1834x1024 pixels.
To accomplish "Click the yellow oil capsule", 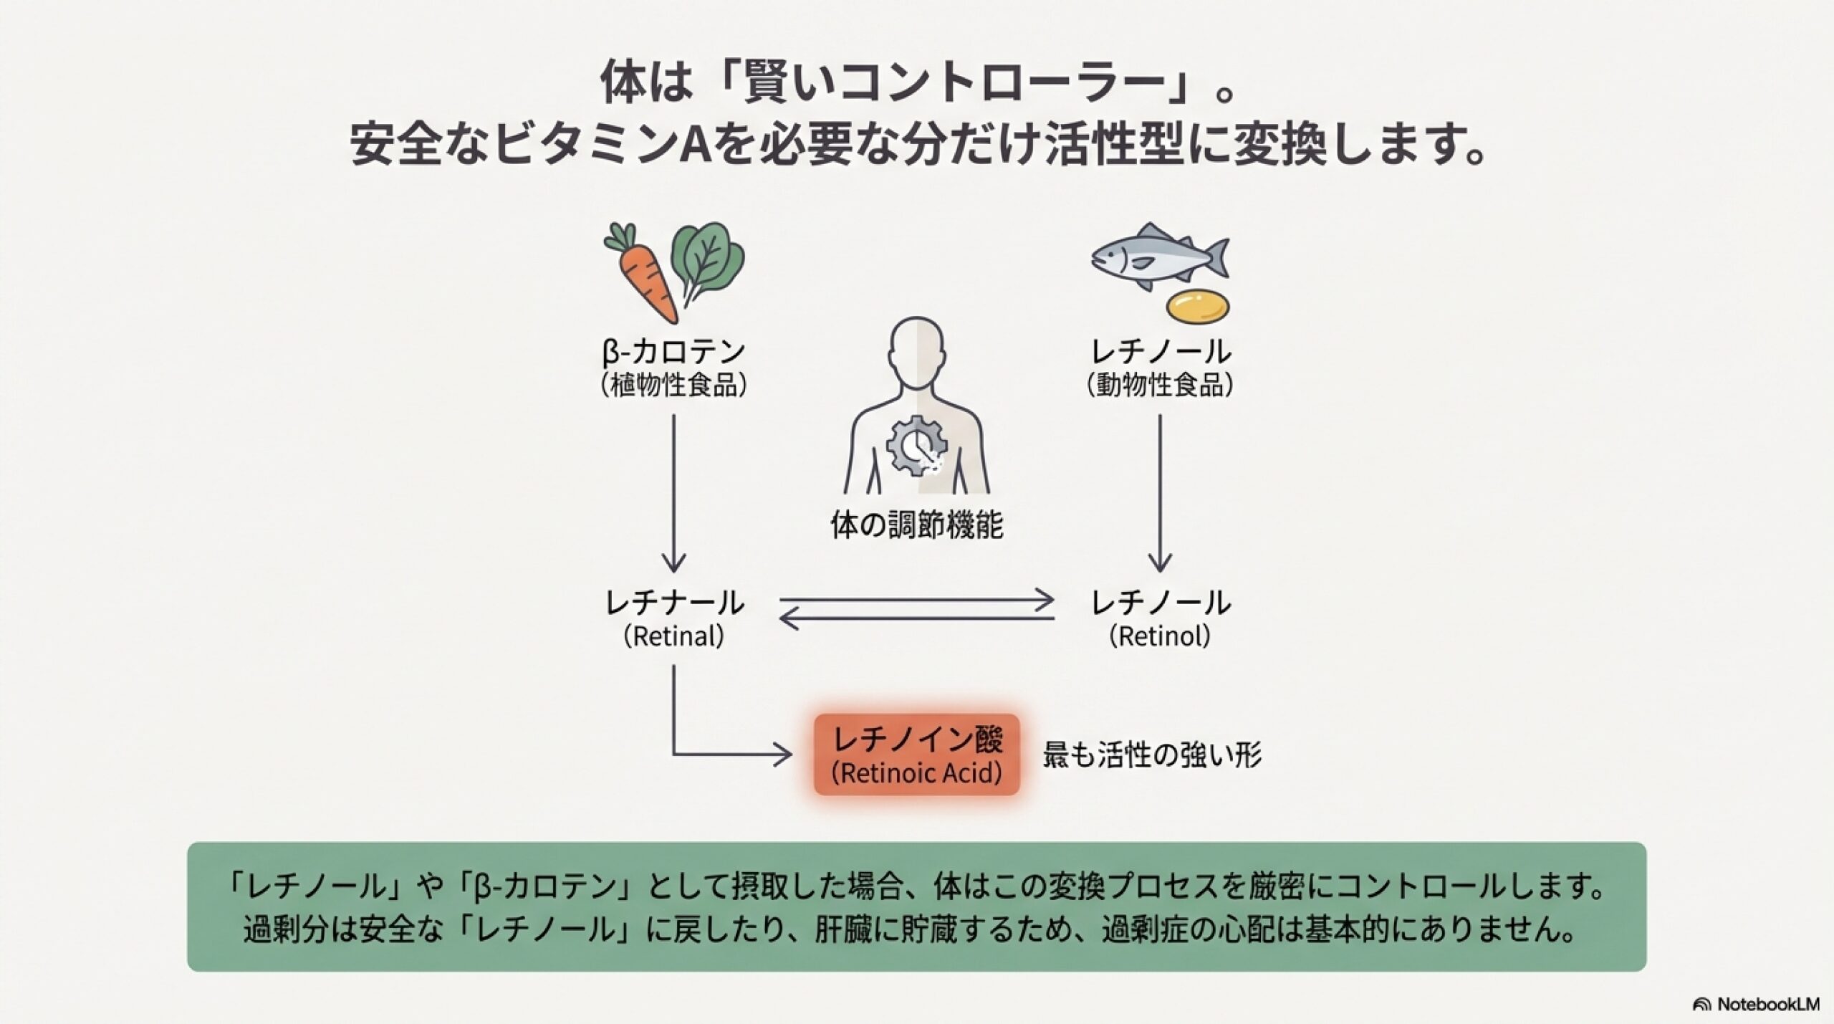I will (1198, 306).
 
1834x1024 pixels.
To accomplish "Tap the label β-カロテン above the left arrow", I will (674, 352).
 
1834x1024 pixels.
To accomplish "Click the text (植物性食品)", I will (674, 386).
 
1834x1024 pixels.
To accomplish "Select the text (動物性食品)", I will (1160, 386).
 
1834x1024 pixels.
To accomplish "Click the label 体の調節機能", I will (916, 525).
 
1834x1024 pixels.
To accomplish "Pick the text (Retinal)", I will (674, 636).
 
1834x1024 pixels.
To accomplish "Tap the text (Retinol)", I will (1160, 636).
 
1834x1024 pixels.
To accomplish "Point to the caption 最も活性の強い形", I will (1151, 755).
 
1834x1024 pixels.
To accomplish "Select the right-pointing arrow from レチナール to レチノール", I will (917, 600).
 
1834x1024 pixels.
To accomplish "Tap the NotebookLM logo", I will (1755, 1005).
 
